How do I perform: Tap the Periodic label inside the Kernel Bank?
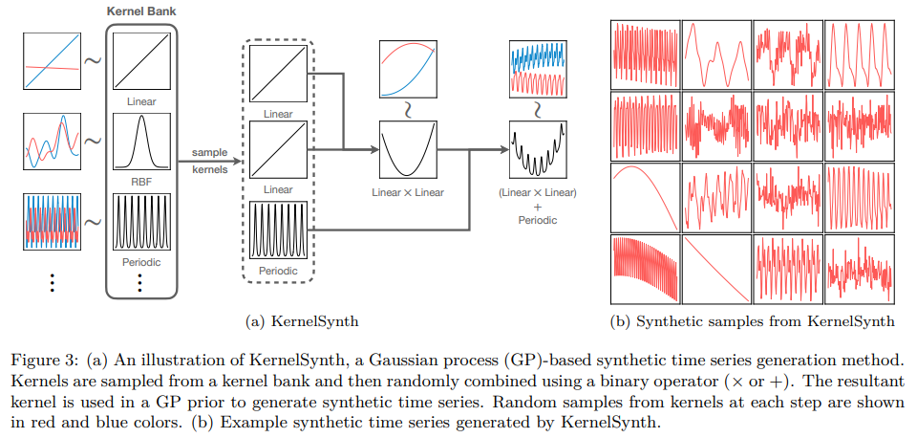pos(141,262)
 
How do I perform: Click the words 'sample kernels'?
pos(209,161)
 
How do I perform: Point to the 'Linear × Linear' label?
pos(408,193)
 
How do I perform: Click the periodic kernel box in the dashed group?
pos(278,230)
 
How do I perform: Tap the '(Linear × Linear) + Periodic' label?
pos(538,206)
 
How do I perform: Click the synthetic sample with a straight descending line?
pos(714,270)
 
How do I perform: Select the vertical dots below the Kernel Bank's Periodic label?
pos(140,283)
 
